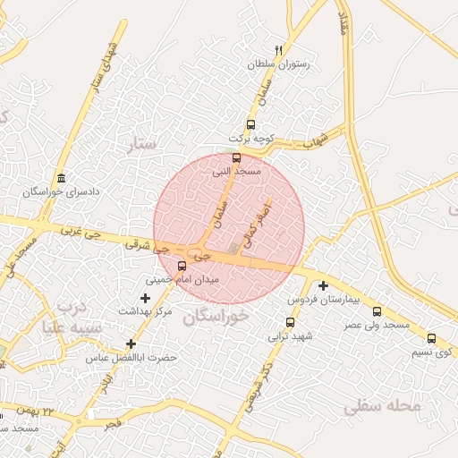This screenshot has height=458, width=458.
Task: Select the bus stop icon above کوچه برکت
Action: pos(250,124)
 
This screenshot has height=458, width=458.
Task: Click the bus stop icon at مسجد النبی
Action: pos(236,157)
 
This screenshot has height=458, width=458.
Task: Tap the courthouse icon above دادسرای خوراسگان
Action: pos(61,177)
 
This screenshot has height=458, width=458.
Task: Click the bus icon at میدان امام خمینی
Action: pos(182,265)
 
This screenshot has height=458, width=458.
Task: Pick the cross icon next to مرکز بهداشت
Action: pos(147,296)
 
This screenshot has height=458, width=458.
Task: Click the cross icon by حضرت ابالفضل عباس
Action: pos(131,343)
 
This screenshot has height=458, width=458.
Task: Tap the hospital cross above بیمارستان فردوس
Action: pos(323,285)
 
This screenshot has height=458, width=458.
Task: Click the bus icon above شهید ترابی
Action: pos(290,322)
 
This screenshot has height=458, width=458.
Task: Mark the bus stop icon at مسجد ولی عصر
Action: pos(377,311)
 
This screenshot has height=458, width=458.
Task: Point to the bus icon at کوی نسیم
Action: pos(431,338)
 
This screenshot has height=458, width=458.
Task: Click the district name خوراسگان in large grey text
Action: pos(215,317)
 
